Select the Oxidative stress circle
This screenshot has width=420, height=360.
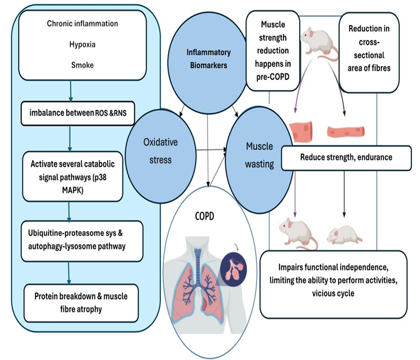159,151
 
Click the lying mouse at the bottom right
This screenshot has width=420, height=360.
343,236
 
